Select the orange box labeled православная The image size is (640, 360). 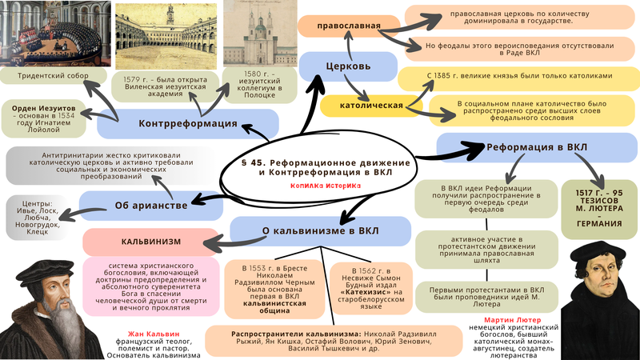click(x=348, y=26)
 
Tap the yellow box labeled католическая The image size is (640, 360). click(x=359, y=105)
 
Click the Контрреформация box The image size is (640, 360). click(x=187, y=124)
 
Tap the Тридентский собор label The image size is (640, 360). click(x=54, y=76)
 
